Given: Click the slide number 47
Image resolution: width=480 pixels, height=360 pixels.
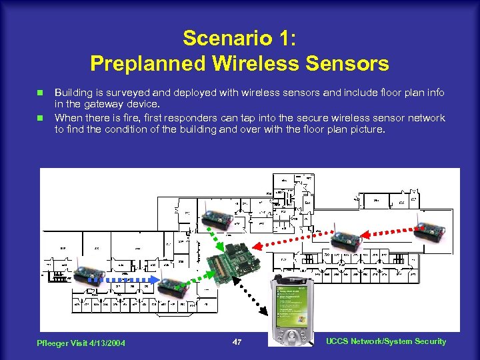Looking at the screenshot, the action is [236, 342].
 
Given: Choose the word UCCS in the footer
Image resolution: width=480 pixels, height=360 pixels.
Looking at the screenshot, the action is [339, 341].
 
